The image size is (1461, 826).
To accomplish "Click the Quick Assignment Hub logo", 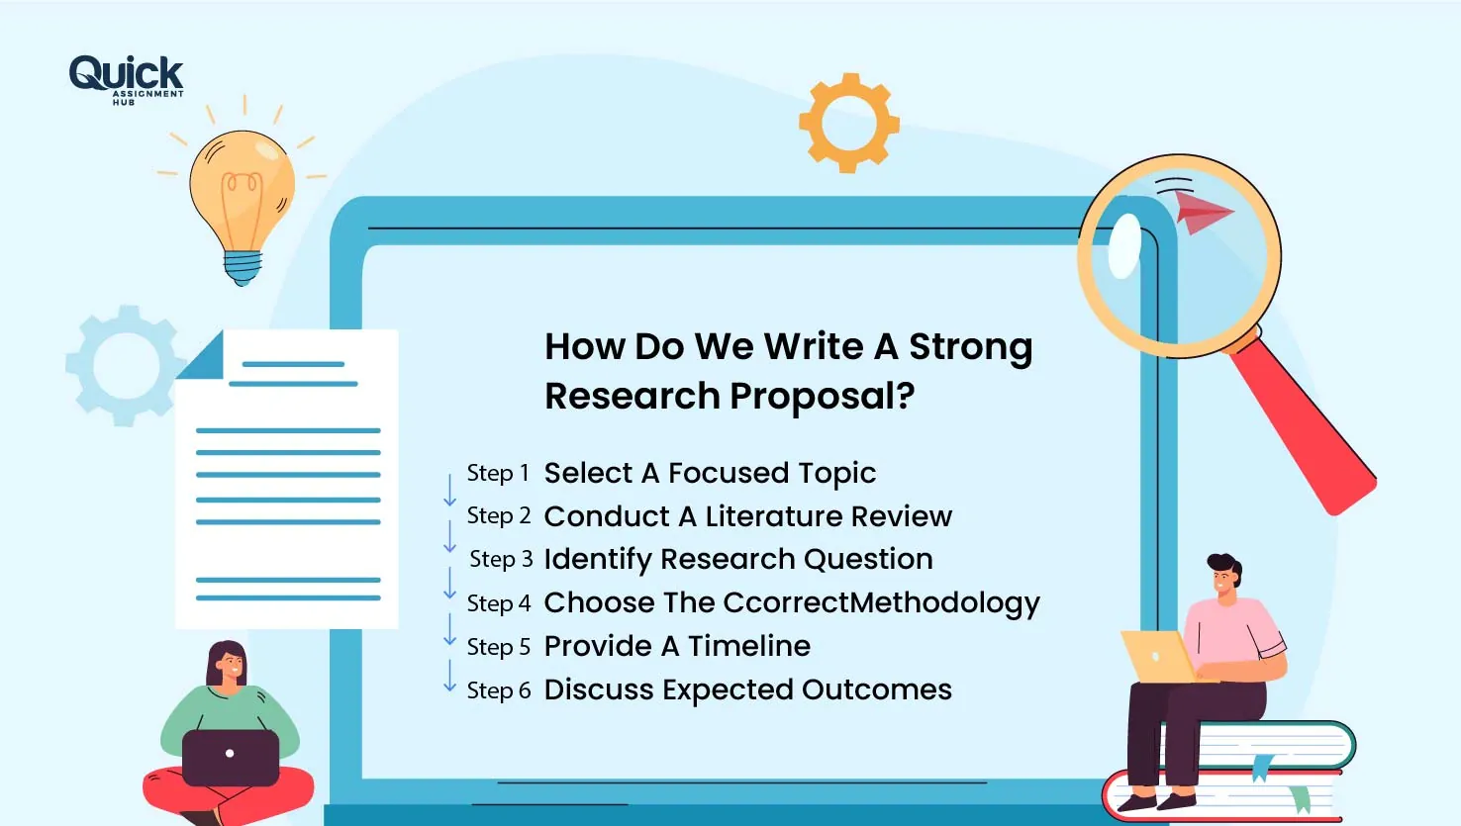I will tap(126, 78).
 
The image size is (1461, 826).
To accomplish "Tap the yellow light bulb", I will tap(242, 198).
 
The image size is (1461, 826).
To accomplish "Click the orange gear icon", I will tap(848, 123).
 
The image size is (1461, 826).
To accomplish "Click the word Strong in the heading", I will tap(970, 347).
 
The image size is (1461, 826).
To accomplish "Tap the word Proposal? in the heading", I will tap(822, 397).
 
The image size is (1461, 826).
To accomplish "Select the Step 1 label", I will tap(498, 474).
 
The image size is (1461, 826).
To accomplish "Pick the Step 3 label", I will tap(501, 560).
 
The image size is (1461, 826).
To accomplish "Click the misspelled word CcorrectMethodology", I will tap(881, 603).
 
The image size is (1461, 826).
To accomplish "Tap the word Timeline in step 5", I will tap(749, 647).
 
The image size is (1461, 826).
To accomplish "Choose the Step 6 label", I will tap(499, 690).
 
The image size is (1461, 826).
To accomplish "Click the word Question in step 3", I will tap(868, 560).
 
